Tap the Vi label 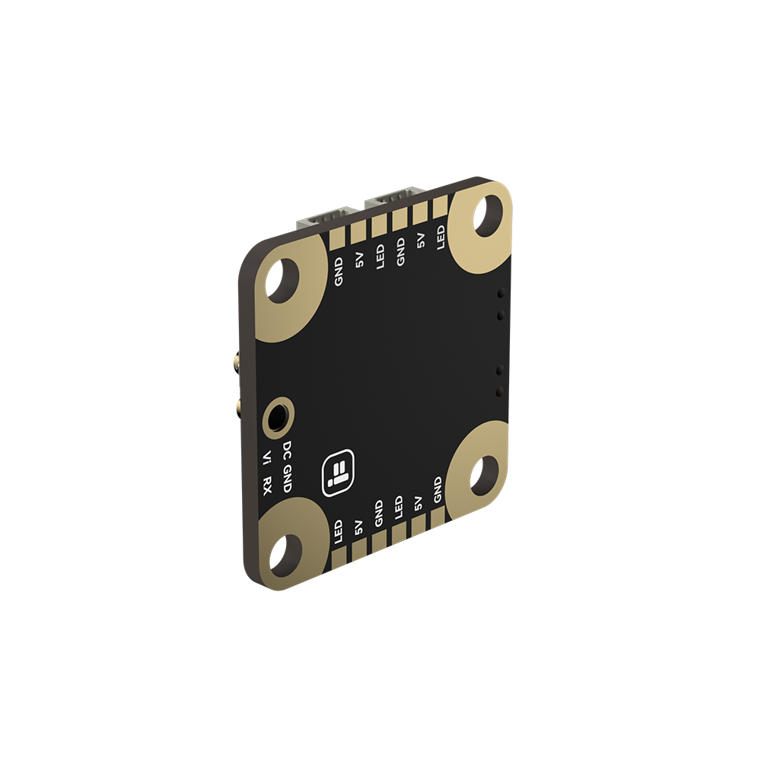pyautogui.click(x=266, y=457)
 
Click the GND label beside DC pyautogui.click(x=288, y=478)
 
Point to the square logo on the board pyautogui.click(x=339, y=473)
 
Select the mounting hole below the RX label pyautogui.click(x=285, y=556)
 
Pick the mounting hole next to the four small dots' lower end pyautogui.click(x=484, y=475)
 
